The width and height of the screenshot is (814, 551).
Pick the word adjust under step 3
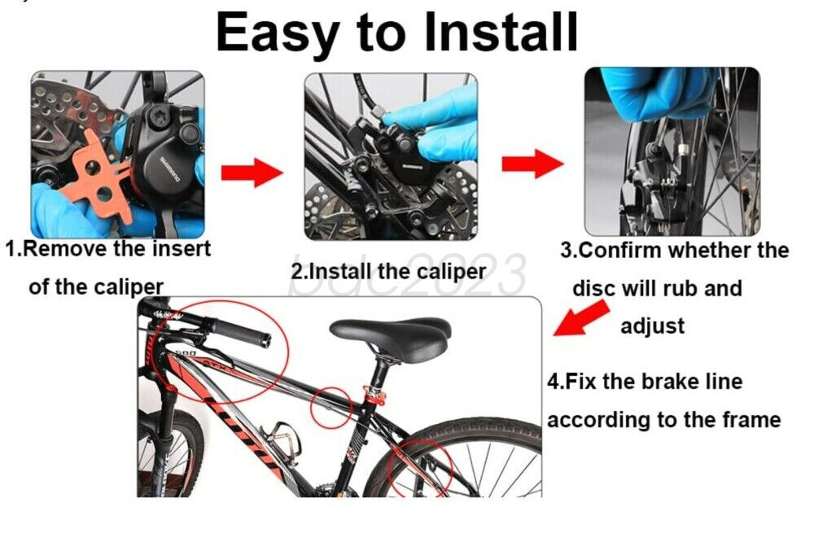(652, 326)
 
